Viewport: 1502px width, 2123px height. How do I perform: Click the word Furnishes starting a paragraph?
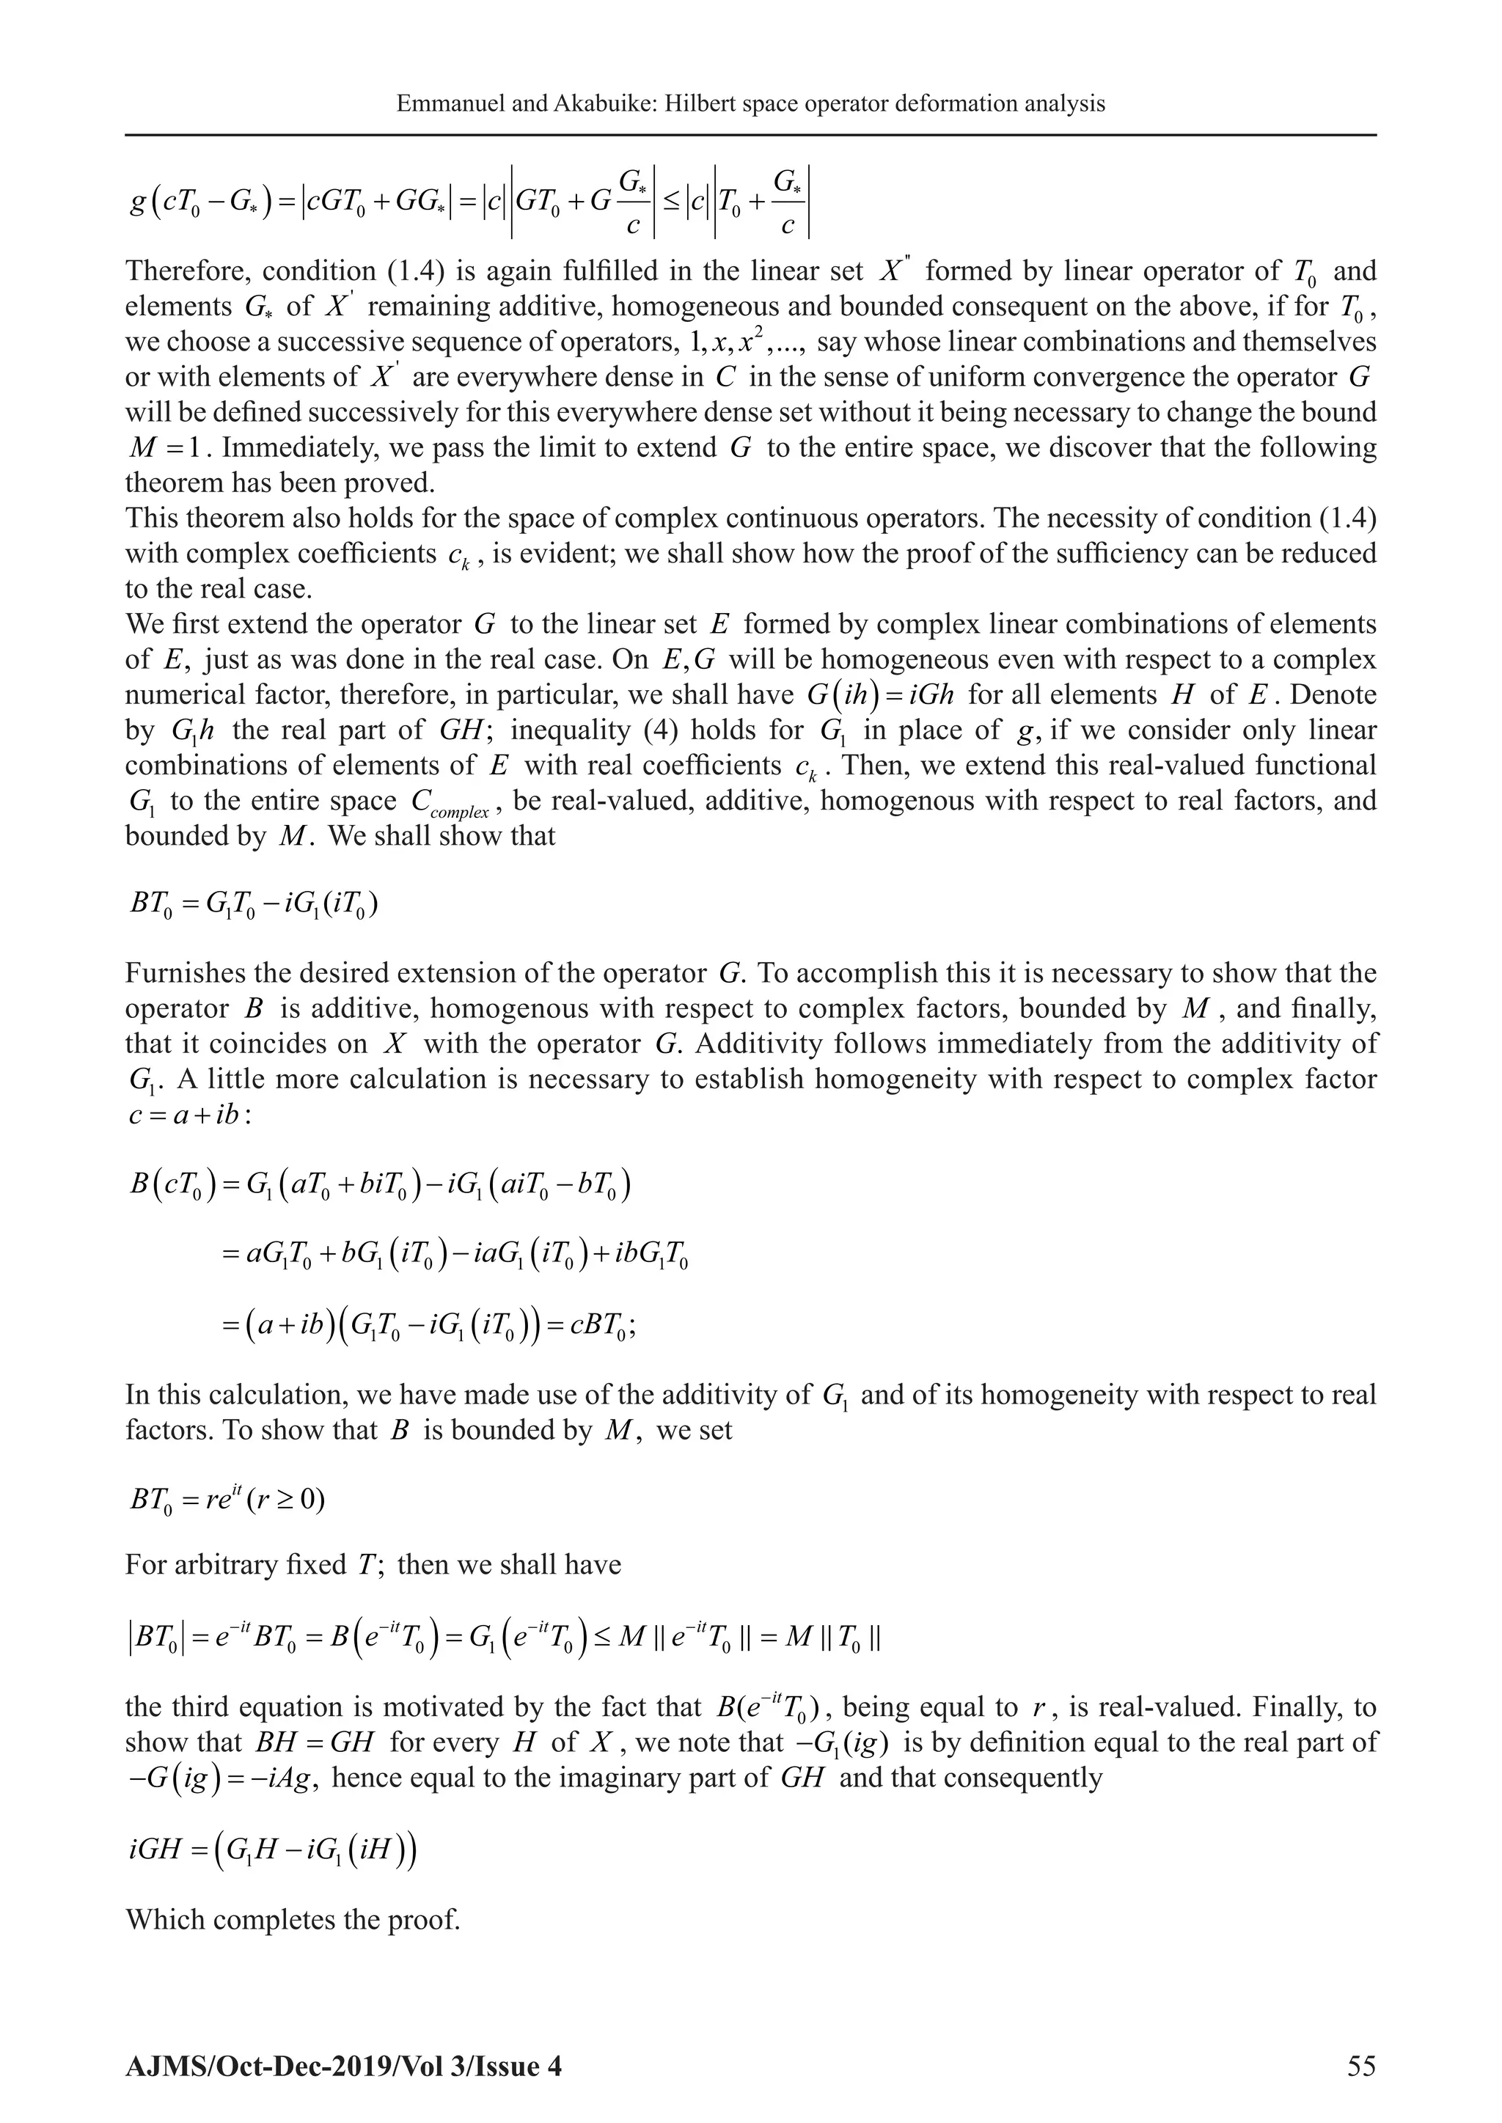186,974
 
